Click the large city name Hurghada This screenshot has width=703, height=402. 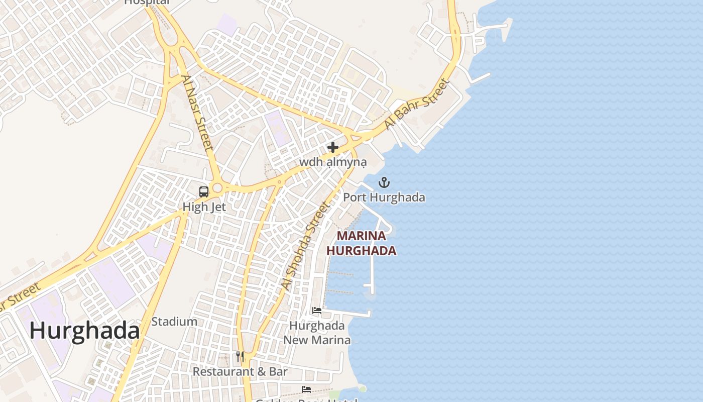click(84, 331)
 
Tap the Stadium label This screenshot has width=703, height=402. click(174, 322)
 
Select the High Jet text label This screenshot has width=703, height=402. click(204, 207)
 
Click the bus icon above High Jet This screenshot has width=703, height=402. click(204, 191)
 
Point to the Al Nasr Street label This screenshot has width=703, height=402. click(197, 113)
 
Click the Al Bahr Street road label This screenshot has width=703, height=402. click(416, 104)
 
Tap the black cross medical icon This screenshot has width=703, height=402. click(332, 147)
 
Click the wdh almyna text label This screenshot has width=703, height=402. click(332, 162)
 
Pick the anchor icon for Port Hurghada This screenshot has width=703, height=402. click(384, 182)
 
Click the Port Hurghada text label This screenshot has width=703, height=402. click(384, 197)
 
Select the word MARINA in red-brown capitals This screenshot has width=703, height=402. click(362, 236)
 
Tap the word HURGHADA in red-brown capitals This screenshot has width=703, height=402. click(362, 251)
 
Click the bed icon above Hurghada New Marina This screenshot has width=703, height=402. click(317, 311)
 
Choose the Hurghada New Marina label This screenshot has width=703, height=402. click(317, 333)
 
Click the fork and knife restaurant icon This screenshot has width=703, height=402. click(240, 357)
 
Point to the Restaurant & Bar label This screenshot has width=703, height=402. click(240, 372)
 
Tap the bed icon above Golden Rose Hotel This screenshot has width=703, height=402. click(306, 389)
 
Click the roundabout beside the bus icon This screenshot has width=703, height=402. click(217, 188)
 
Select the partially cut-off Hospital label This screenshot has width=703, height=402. click(147, 2)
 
